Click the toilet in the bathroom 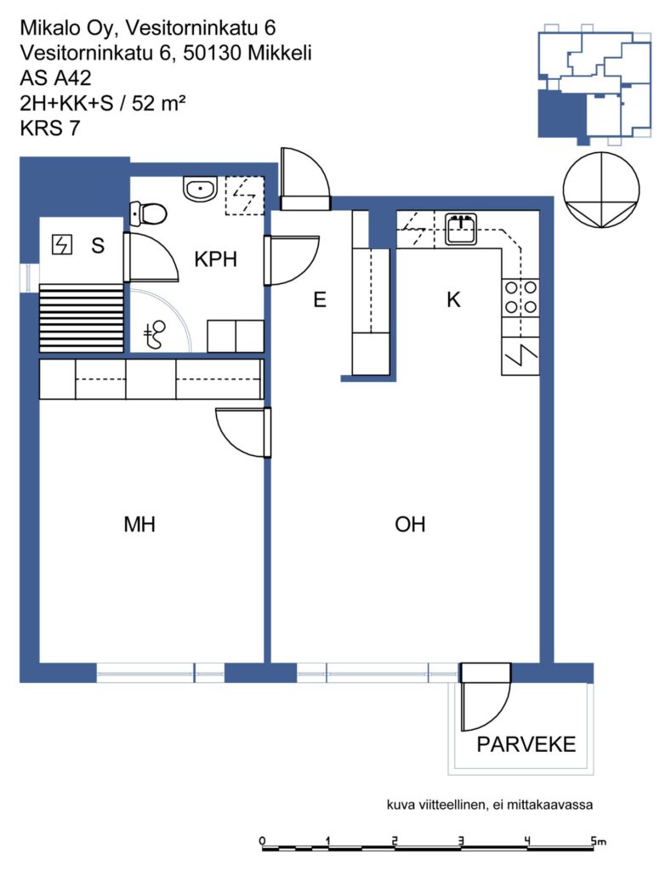[148, 213]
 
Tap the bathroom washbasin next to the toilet [200, 190]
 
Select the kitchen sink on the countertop [460, 229]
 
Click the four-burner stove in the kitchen [520, 297]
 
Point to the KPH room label [215, 259]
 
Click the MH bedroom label [139, 524]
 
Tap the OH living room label [410, 524]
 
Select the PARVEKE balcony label [526, 744]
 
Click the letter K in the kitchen [454, 300]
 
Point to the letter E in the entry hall [320, 300]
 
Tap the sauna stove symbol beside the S [61, 244]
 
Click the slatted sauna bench [81, 318]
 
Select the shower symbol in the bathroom [155, 335]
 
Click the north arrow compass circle [601, 190]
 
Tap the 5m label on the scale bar [598, 841]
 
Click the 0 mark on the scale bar [262, 840]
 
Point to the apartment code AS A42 [55, 78]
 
